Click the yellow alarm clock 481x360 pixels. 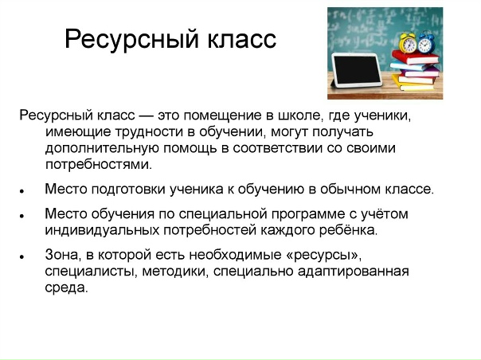tap(409, 43)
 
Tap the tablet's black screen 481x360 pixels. tap(362, 70)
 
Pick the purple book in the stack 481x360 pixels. tap(418, 78)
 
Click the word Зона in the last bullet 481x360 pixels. tap(63, 256)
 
